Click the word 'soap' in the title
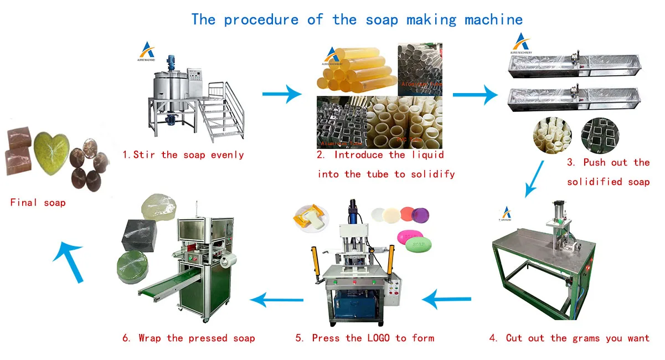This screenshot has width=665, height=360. (x=383, y=20)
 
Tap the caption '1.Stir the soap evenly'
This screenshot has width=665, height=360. (x=183, y=155)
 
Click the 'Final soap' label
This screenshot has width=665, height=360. (x=38, y=203)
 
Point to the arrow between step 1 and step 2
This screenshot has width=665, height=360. (x=282, y=94)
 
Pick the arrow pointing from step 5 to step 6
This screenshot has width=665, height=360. (x=277, y=300)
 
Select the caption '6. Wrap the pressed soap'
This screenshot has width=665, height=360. (x=189, y=338)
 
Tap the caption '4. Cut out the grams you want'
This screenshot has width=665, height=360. (x=569, y=338)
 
